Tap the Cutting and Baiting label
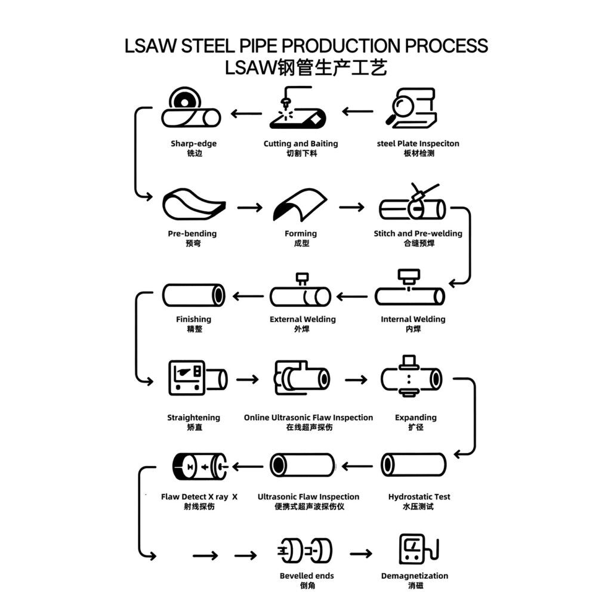301,144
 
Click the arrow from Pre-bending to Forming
249,208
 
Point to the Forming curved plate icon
300,205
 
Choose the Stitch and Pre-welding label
418,233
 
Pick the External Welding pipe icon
300,296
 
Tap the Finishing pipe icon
193,295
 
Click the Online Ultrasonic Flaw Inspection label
308,418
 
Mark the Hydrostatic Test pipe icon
413,465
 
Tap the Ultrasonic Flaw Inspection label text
308,496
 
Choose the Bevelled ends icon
305,551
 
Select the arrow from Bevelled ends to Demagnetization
361,554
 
